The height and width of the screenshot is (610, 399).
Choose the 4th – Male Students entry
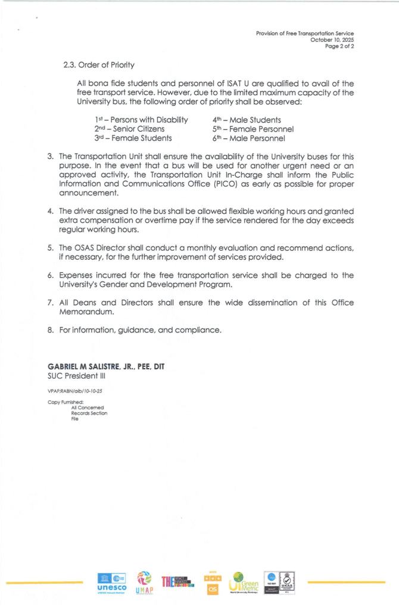(x=238, y=120)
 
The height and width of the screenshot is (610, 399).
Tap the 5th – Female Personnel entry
(x=253, y=129)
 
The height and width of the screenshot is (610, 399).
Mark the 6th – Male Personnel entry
(x=248, y=138)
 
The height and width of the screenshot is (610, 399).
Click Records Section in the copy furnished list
(x=89, y=413)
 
